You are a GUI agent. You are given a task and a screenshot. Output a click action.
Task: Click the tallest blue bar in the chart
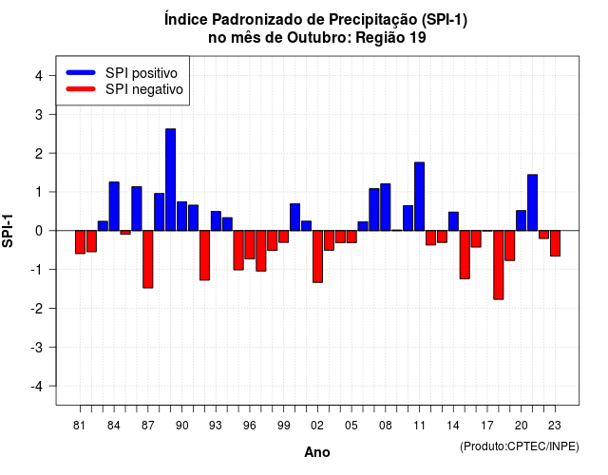[171, 180]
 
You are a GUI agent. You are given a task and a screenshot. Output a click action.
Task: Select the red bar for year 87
[148, 259]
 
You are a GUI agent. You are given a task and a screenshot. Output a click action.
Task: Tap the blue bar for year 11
[419, 197]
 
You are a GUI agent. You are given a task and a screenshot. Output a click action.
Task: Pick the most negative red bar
[499, 265]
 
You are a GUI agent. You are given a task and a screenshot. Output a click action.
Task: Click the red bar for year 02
[317, 256]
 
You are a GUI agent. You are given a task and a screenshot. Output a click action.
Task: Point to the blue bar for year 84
[114, 206]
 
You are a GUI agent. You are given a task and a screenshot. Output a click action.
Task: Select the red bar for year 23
[555, 243]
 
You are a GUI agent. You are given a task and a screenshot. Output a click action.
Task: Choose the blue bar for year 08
[386, 207]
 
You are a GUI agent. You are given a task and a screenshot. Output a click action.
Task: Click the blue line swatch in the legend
[81, 72]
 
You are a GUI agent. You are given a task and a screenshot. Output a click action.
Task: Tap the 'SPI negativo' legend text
[144, 89]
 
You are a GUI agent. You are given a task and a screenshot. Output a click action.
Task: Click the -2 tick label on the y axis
[37, 308]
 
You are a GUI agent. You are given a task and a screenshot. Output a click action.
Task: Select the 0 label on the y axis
[39, 231]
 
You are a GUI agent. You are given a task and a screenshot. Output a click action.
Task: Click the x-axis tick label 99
[283, 426]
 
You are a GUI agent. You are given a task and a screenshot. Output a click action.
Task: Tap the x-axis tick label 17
[487, 426]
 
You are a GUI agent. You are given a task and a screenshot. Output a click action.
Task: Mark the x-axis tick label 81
[80, 426]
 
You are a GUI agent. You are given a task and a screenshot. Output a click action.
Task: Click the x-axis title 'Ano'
[317, 452]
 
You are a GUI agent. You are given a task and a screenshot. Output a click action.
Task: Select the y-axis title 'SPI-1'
[8, 231]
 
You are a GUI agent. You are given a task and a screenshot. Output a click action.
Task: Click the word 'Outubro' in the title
[319, 38]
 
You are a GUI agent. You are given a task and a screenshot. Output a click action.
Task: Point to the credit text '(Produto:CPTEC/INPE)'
[520, 446]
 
